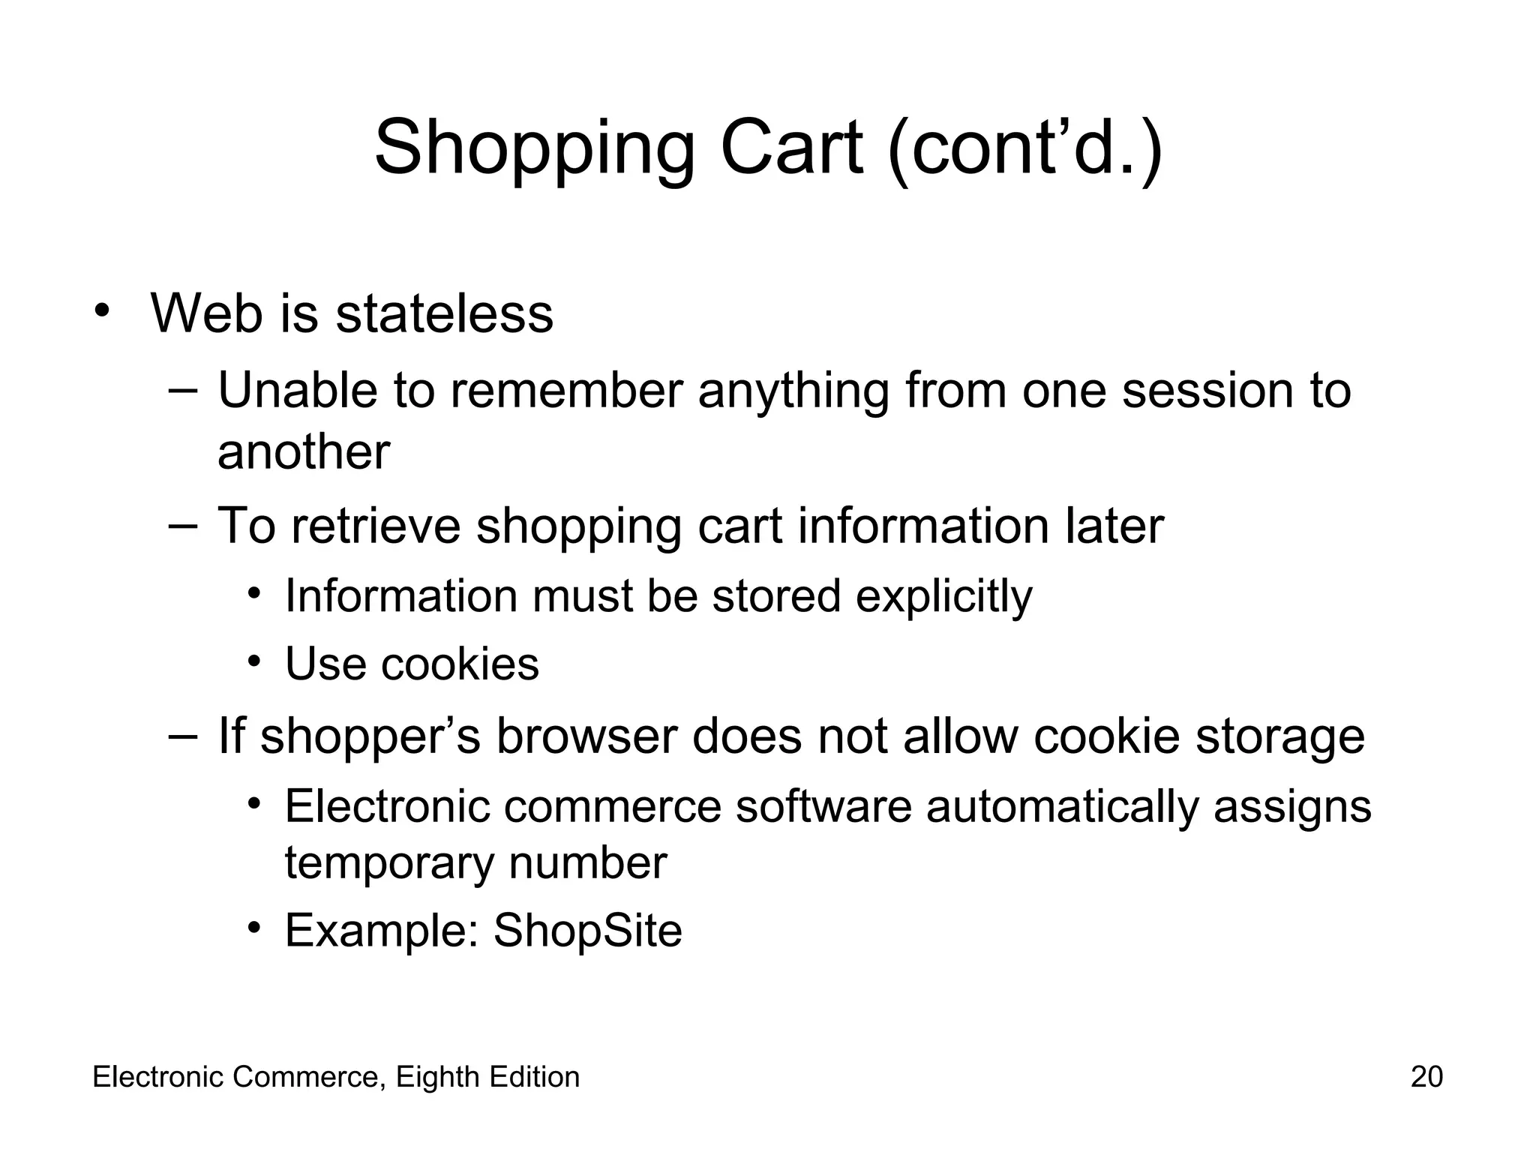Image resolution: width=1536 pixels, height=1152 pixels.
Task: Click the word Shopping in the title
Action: point(535,148)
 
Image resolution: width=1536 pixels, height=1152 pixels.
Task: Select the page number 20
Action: point(1426,1077)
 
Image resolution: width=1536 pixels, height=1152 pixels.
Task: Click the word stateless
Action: point(444,313)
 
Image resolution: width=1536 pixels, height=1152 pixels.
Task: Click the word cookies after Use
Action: point(460,664)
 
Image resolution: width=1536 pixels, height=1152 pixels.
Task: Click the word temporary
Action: point(388,862)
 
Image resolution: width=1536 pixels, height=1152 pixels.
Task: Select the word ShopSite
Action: point(587,931)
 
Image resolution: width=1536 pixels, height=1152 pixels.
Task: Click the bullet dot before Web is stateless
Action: point(103,310)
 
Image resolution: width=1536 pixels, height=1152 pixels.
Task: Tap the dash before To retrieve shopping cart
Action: point(182,525)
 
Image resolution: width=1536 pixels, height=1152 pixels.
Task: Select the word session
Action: point(1207,391)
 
